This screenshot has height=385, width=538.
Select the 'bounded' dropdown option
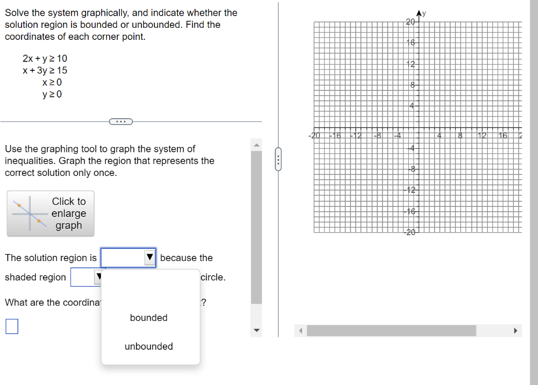click(149, 318)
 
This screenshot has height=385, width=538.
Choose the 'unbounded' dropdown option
click(149, 347)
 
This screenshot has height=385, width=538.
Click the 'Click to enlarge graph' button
click(50, 213)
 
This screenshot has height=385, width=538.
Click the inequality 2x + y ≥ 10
click(45, 58)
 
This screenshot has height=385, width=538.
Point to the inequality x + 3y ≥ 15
click(45, 70)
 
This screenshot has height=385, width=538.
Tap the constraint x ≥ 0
click(52, 82)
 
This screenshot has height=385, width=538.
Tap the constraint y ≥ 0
click(52, 95)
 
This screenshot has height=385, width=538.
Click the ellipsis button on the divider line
click(121, 122)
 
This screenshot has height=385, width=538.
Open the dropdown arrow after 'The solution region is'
click(150, 258)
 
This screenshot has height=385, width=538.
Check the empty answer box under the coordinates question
click(12, 327)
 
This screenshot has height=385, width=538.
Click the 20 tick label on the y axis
click(410, 22)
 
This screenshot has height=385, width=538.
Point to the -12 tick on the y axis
click(410, 190)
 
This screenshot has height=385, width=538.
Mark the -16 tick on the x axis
click(335, 136)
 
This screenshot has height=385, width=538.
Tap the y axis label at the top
click(424, 14)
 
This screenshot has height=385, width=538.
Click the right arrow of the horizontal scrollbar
click(515, 331)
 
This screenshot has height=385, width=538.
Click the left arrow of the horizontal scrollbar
click(301, 331)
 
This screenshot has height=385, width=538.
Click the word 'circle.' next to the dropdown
click(213, 277)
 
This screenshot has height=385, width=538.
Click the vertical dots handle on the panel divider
click(279, 159)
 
